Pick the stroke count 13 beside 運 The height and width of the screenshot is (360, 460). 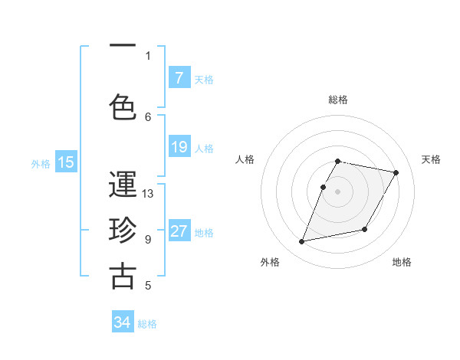[148, 194]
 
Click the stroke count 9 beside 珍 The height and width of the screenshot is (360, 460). [148, 239]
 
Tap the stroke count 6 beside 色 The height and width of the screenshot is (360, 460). [148, 116]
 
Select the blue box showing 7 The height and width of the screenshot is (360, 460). [179, 78]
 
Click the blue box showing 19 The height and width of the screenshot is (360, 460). [179, 147]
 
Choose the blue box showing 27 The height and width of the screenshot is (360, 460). [179, 231]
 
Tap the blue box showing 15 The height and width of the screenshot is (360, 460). [66, 162]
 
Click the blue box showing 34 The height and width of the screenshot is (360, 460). [123, 323]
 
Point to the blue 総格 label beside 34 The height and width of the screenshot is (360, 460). [148, 324]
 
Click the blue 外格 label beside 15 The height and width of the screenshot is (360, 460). [41, 163]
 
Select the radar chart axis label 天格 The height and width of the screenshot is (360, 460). [432, 159]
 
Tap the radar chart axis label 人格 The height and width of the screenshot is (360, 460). [245, 159]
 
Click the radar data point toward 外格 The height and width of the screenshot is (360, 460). [302, 241]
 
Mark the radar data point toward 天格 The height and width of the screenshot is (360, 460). [396, 173]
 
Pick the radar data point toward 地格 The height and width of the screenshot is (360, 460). [365, 229]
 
